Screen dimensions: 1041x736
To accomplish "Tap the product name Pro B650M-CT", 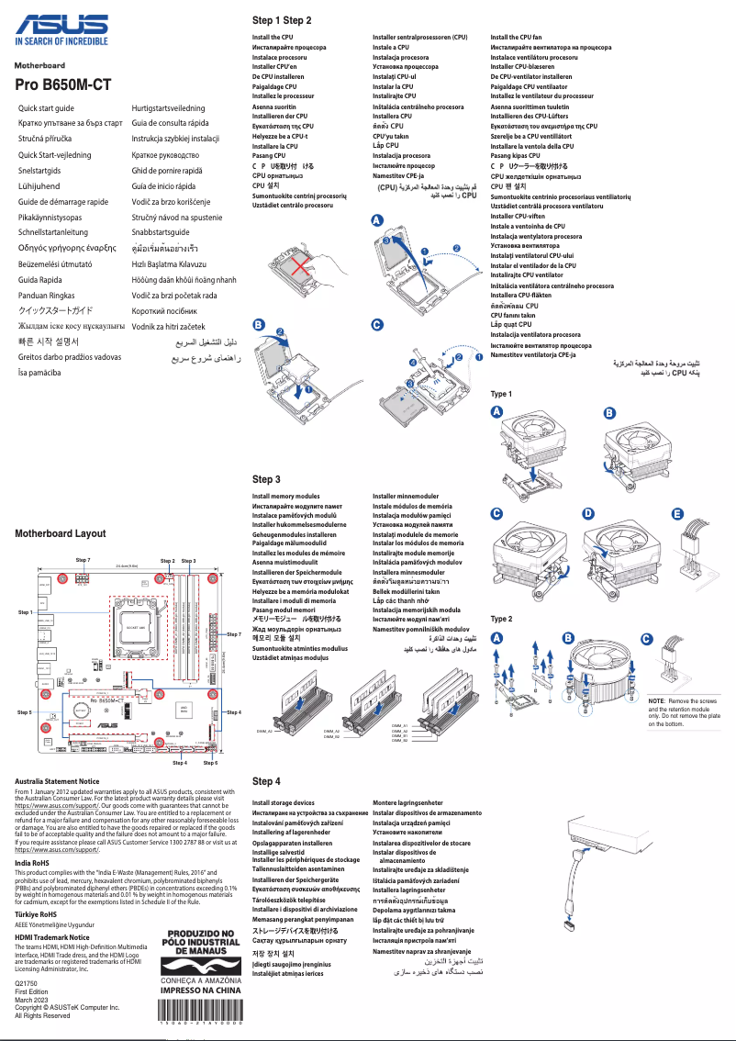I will pos(63,84).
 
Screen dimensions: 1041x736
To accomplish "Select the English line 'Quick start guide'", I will pos(47,108).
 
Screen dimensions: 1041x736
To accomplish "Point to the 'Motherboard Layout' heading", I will pos(61,533).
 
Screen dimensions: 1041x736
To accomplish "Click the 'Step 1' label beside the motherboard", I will pos(25,611).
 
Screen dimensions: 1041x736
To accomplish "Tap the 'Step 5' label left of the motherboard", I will pos(25,712).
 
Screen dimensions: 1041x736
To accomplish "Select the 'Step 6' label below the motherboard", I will pos(210,763).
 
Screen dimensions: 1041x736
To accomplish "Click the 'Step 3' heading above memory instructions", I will pos(266,479).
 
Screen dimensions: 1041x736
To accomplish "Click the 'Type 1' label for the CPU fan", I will pos(502,394).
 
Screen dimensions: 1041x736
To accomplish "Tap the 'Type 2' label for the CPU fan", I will pos(502,620).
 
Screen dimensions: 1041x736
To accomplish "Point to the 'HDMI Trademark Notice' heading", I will pos(58,937).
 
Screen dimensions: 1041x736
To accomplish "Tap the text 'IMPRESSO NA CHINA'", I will pos(202,991).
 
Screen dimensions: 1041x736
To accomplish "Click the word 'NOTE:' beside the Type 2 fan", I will pos(657,700).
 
